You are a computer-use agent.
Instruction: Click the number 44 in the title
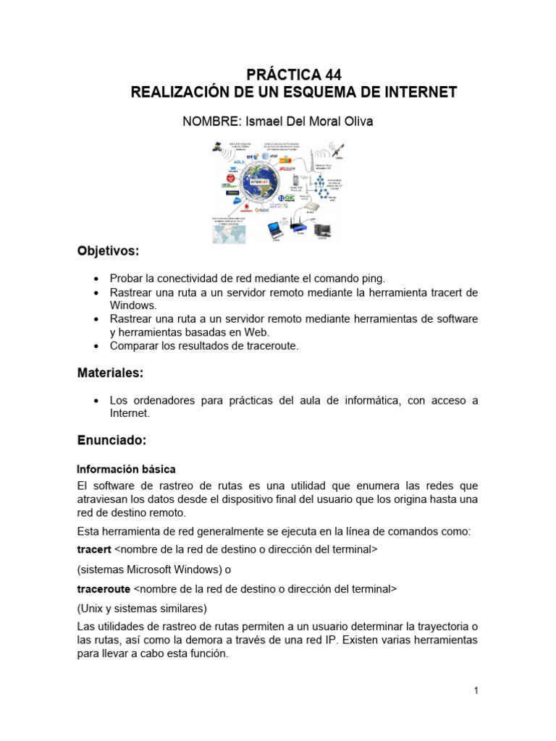[x=327, y=75]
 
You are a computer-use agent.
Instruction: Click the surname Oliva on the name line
[x=357, y=122]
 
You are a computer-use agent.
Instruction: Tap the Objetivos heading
[x=108, y=251]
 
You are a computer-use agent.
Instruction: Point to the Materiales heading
[x=110, y=373]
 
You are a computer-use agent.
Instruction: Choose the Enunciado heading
[x=112, y=440]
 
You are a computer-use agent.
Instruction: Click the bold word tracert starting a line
[x=94, y=549]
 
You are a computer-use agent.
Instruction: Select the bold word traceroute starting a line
[x=104, y=588]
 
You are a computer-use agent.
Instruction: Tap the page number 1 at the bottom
[x=476, y=690]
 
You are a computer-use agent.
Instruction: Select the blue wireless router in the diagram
[x=298, y=226]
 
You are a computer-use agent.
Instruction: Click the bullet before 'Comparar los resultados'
[x=96, y=346]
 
